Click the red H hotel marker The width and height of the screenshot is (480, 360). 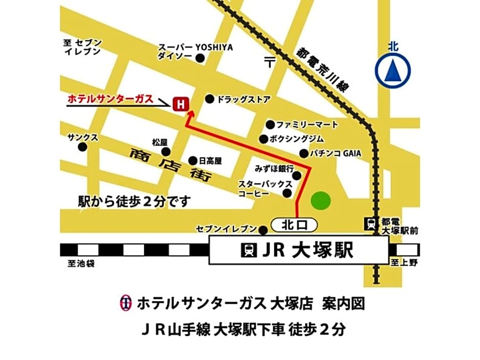pos(179,104)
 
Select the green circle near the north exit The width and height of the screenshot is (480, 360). pos(321,200)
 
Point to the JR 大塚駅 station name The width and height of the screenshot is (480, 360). pos(298,250)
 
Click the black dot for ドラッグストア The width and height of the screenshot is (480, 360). pos(209,99)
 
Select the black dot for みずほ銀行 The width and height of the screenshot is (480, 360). pos(297,176)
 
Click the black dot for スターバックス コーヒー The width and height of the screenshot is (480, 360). pos(287,193)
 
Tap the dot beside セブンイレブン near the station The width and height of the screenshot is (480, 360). pos(263,230)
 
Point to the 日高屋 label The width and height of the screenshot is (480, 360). pos(210,161)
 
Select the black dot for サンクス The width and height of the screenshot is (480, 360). pos(82,147)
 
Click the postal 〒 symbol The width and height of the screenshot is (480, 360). pos(270,62)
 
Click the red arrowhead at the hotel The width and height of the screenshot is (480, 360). pos(189,116)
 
